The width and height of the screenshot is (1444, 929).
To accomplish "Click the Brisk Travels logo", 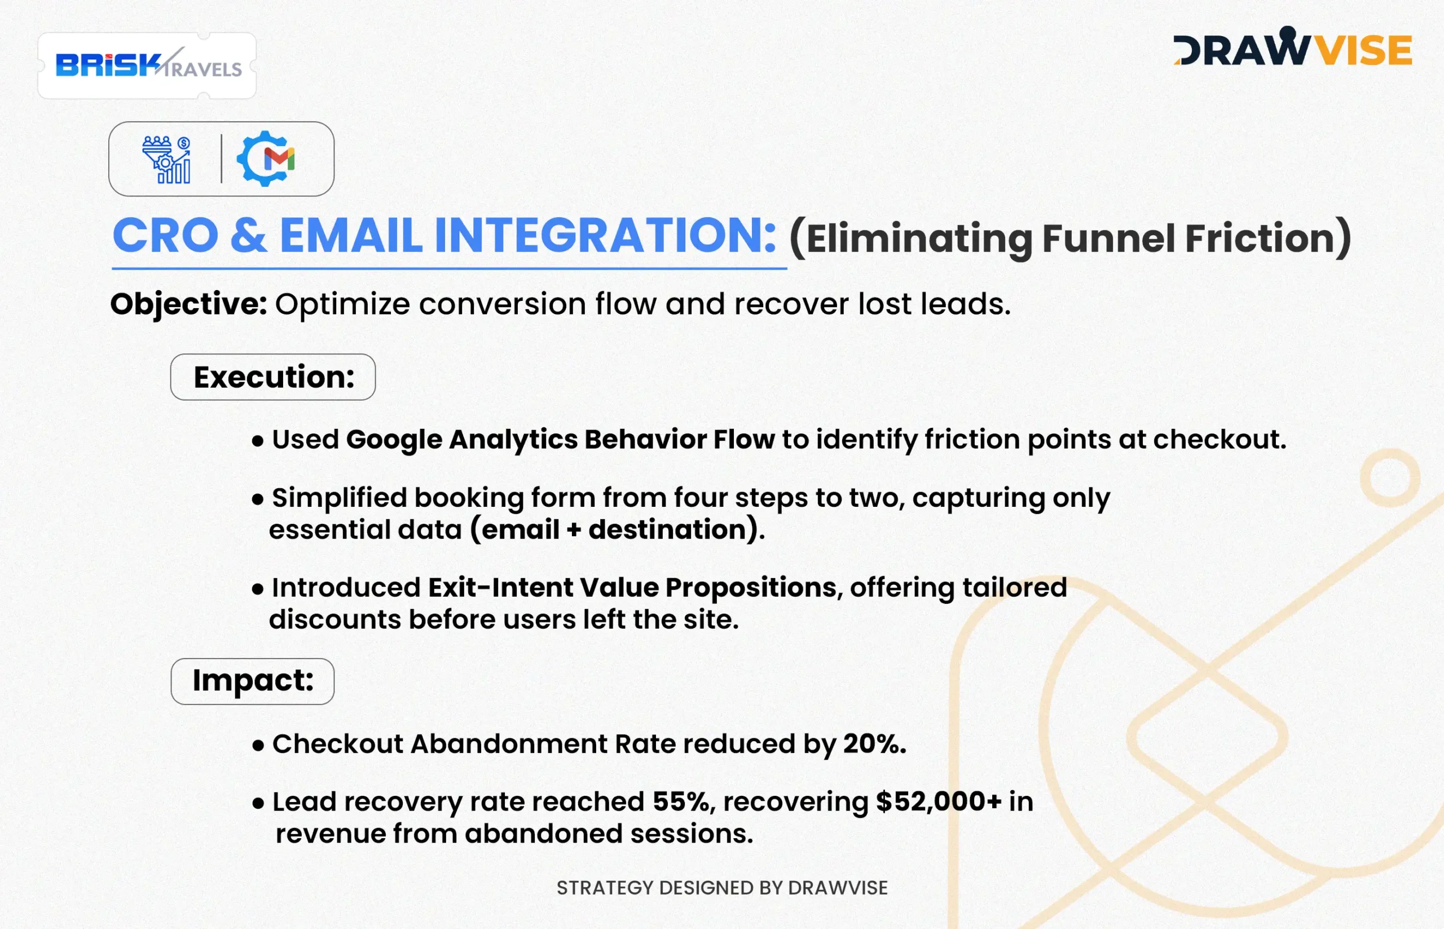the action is (148, 64).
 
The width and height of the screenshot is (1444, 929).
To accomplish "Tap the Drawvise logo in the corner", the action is (1292, 46).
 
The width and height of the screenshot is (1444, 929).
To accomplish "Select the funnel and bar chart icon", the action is (166, 159).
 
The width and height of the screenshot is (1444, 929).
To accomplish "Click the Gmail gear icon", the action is (265, 159).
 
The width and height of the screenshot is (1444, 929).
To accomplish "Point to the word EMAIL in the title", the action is (351, 235).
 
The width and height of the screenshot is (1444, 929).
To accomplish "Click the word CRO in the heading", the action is (166, 235).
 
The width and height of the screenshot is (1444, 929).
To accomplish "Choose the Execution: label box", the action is (273, 377).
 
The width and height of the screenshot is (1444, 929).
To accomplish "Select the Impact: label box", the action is (253, 681).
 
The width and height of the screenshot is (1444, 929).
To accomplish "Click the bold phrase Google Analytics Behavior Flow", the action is (560, 440).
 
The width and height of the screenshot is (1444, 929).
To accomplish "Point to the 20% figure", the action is (875, 743).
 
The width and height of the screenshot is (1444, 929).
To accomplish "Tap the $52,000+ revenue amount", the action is (939, 801).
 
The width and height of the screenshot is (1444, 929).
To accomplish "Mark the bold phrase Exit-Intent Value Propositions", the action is (632, 588).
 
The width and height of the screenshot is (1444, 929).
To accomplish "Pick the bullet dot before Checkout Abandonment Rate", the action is (258, 746).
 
